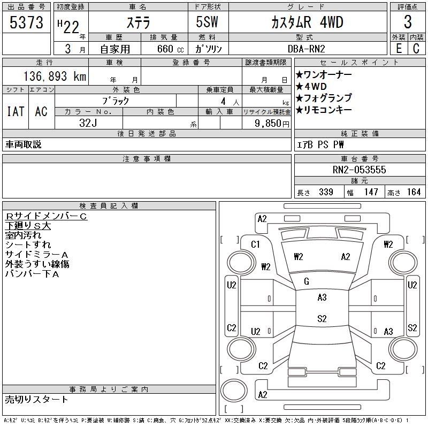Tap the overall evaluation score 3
407,23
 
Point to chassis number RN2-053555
359,170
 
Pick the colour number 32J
88,123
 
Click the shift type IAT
15,111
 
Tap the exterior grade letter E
398,49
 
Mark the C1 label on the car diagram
255,244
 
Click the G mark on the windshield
307,282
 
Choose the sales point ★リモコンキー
324,110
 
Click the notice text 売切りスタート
37,399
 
